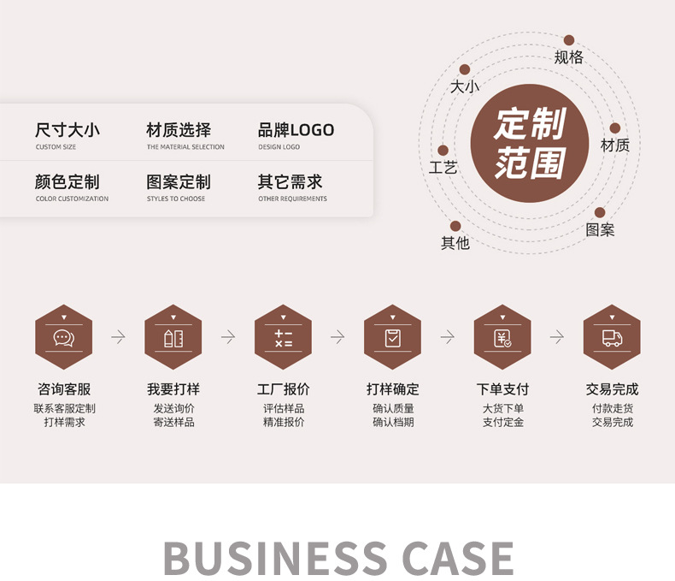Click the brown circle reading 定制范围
[x=530, y=144]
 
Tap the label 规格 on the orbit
[x=568, y=57]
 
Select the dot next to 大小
[x=465, y=69]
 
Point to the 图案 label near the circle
[x=600, y=229]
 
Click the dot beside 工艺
[x=443, y=151]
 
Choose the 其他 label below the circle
[x=455, y=243]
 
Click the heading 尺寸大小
[x=67, y=130]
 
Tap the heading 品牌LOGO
[x=296, y=130]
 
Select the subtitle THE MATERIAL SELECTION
[x=185, y=147]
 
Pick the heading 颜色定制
[x=67, y=182]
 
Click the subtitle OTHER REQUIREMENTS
[x=292, y=199]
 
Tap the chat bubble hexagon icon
[x=64, y=337]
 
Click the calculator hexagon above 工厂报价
[x=283, y=337]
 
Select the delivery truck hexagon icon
[x=612, y=337]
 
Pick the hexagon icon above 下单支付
[x=502, y=337]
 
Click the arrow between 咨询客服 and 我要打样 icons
[x=118, y=337]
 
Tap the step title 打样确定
[x=393, y=389]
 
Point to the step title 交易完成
[x=612, y=389]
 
